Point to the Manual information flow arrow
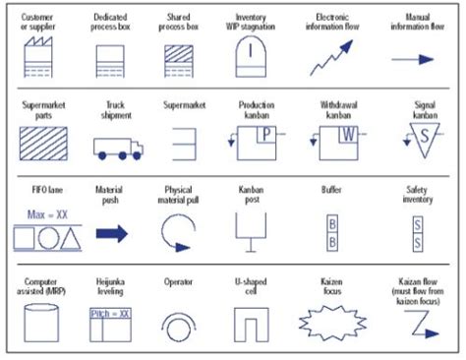(413, 59)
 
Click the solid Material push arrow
(111, 234)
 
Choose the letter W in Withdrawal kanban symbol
(345, 134)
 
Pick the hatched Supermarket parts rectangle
(39, 145)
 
